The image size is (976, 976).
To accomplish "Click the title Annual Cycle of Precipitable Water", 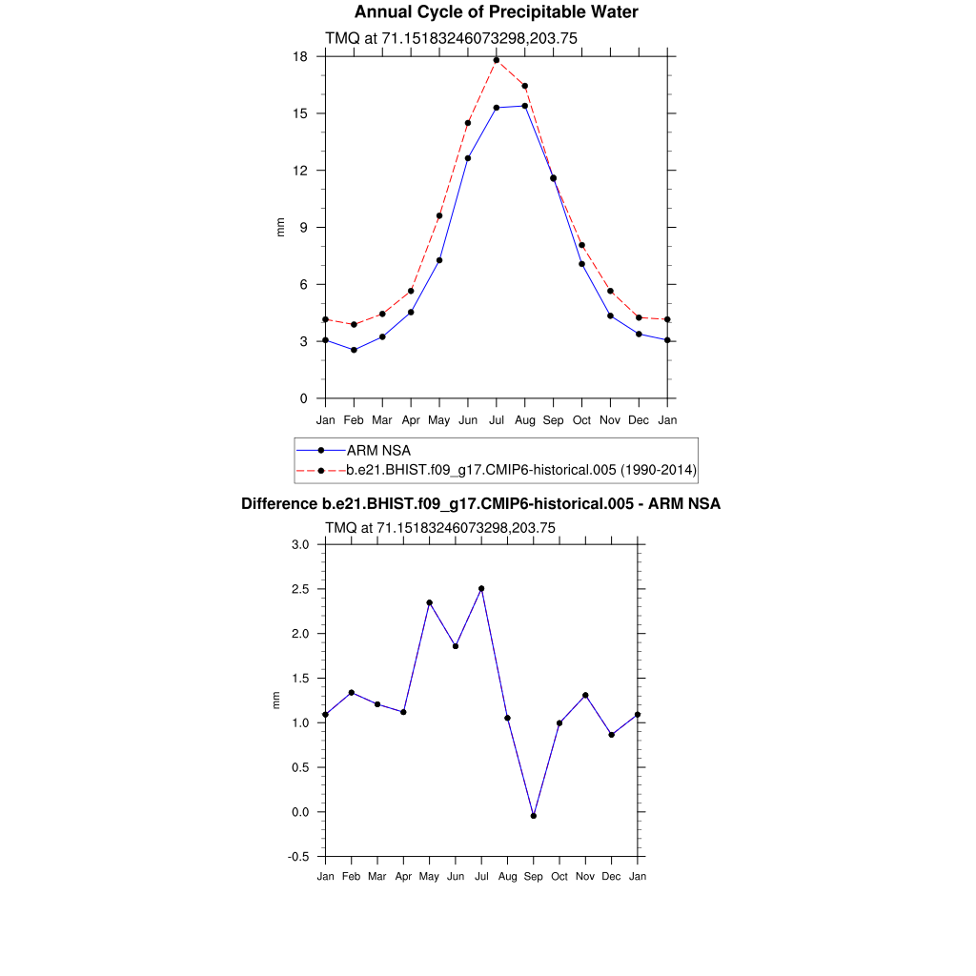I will [x=496, y=12].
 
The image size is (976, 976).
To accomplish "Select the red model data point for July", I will [x=497, y=60].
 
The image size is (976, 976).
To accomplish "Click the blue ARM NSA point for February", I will [x=354, y=350].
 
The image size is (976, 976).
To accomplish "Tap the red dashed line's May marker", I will [x=439, y=215].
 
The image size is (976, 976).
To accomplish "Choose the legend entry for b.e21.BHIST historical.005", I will [x=521, y=470].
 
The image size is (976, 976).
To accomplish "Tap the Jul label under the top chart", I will [x=497, y=420].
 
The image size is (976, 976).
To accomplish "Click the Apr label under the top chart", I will [x=411, y=420].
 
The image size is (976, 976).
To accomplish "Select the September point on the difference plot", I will [x=534, y=816].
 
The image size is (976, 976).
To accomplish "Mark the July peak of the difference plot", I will [x=481, y=588].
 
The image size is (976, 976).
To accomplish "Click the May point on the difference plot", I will [x=430, y=602].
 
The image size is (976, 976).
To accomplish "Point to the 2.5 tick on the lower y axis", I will [x=301, y=589].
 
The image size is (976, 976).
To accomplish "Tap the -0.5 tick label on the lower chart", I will [x=298, y=857].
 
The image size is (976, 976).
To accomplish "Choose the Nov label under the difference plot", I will [x=585, y=877].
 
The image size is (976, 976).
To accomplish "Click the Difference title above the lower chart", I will [x=480, y=504].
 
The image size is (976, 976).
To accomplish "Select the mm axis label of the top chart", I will [x=280, y=227].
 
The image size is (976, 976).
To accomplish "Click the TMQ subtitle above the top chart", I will [x=452, y=38].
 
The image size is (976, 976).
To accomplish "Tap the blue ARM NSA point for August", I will [x=525, y=106].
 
